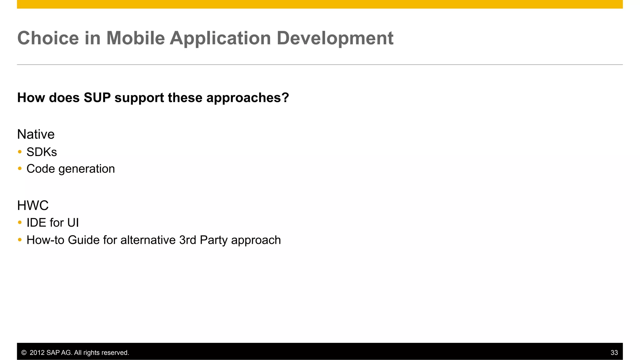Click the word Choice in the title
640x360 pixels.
coord(48,38)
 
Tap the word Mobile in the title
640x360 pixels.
coord(135,38)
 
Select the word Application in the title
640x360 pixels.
coord(220,39)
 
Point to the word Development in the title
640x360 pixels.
coord(335,38)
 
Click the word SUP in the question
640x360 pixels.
coord(97,98)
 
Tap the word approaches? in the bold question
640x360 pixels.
coord(247,98)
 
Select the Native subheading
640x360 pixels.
coord(36,134)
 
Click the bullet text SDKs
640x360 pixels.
coord(42,152)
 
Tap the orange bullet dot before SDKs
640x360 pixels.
coord(20,152)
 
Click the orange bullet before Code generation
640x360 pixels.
coord(20,169)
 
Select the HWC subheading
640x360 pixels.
coord(33,206)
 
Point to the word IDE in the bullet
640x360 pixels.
coord(37,223)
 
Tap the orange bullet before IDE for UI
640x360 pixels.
coord(20,222)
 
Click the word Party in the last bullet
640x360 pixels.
coord(213,240)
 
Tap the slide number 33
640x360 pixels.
coord(614,353)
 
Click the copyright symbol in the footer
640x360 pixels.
coord(24,353)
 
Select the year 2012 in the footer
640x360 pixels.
coord(37,353)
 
